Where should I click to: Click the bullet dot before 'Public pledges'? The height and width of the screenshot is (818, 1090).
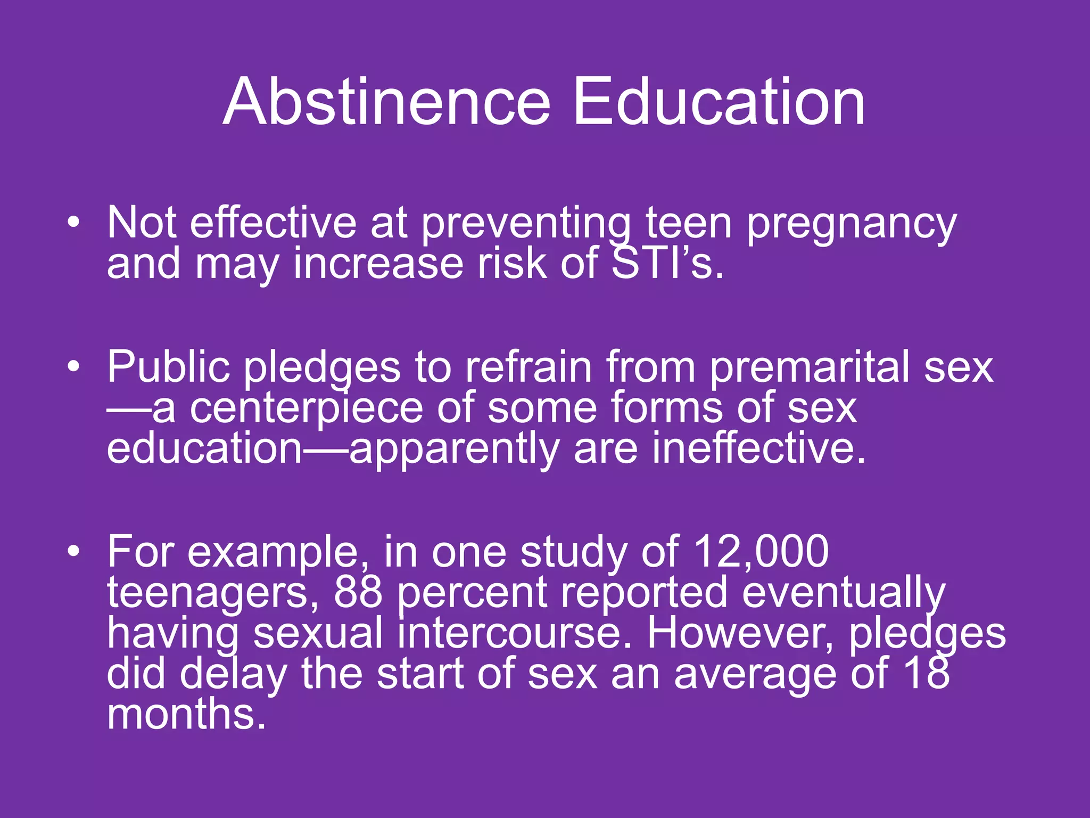[x=74, y=366]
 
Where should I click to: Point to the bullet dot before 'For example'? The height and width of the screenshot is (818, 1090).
[x=74, y=551]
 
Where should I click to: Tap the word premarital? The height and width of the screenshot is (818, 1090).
[x=810, y=367]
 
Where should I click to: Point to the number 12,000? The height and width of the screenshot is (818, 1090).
[x=761, y=552]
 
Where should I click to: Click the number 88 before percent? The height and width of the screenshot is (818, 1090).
[x=358, y=592]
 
